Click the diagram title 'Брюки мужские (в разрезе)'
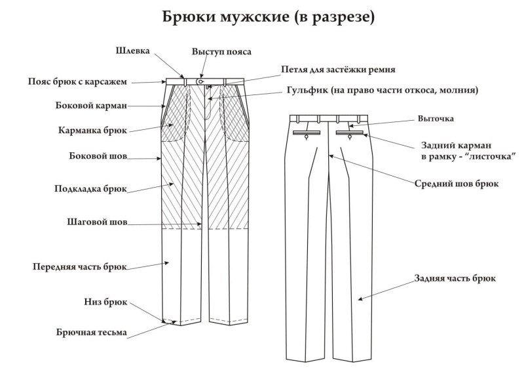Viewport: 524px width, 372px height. pyautogui.click(x=269, y=17)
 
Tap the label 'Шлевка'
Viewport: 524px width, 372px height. pyautogui.click(x=134, y=51)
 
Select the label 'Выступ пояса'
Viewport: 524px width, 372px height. pyautogui.click(x=221, y=51)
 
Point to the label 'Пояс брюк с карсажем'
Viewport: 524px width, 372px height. pyautogui.click(x=77, y=82)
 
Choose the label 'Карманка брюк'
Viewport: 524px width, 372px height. pyautogui.click(x=92, y=130)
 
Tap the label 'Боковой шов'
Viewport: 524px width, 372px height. pyautogui.click(x=97, y=157)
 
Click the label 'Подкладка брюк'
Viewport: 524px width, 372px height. pyautogui.click(x=90, y=188)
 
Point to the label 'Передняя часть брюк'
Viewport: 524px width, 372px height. pyautogui.click(x=79, y=266)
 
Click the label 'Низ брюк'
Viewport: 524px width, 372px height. pyautogui.click(x=105, y=302)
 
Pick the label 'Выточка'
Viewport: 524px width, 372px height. pyautogui.click(x=436, y=119)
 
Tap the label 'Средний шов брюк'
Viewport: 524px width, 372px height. pyautogui.click(x=457, y=184)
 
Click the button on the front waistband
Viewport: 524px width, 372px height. pyautogui.click(x=200, y=82)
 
